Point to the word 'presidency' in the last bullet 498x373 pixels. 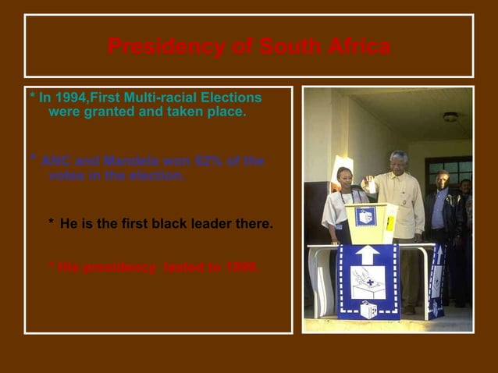click(x=118, y=267)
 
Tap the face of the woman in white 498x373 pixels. click(x=344, y=177)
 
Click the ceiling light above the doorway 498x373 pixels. click(x=450, y=117)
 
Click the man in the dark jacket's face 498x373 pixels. click(x=443, y=179)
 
